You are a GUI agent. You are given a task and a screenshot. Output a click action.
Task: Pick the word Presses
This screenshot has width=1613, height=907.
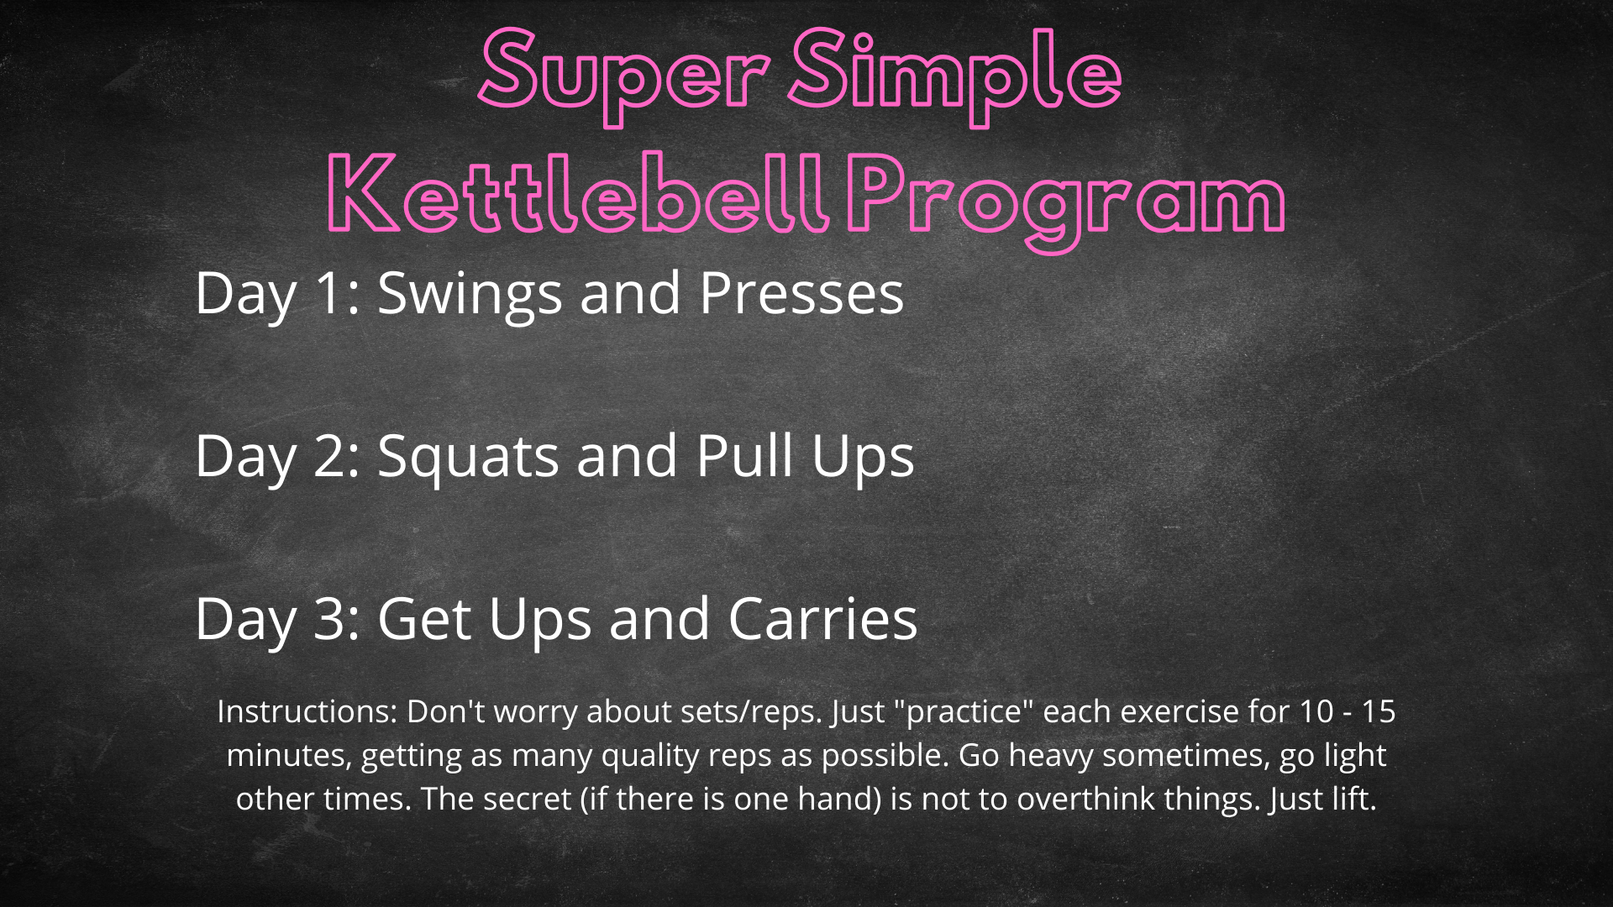coord(801,293)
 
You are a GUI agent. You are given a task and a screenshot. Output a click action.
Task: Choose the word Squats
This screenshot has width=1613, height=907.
coord(468,458)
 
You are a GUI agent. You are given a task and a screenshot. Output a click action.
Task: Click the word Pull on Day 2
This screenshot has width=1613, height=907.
coord(744,456)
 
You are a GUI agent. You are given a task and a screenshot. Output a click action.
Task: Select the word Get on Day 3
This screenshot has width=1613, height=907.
coord(424,619)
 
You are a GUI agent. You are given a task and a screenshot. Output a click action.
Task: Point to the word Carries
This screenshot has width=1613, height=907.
coord(823,619)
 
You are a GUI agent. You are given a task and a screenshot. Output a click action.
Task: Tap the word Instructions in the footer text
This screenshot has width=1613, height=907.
coord(307,711)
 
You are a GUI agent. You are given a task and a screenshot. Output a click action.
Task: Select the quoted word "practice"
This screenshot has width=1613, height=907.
coord(964,712)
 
